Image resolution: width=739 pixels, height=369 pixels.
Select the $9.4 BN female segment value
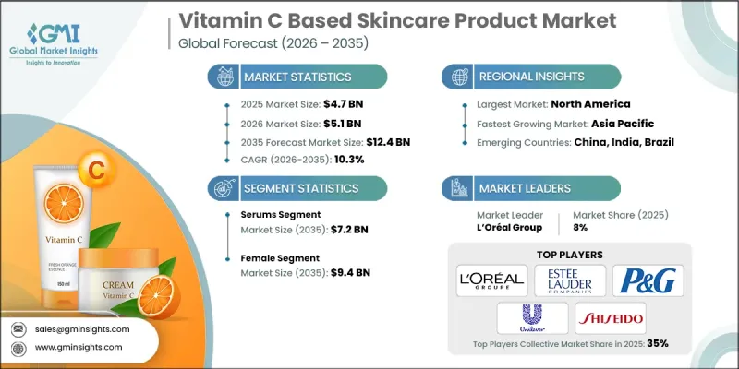coord(351,272)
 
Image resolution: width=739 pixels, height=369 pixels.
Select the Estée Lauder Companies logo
coord(570,279)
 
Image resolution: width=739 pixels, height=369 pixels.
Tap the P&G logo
coord(649,279)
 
